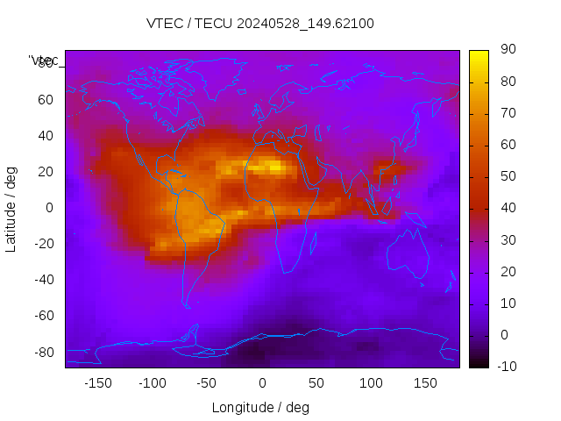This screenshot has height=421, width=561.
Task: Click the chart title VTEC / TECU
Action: click(259, 24)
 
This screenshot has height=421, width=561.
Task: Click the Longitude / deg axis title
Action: click(260, 407)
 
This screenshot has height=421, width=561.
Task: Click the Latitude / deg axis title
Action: click(11, 207)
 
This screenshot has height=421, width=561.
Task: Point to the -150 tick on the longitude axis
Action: click(97, 382)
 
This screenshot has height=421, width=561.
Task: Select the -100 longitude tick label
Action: click(152, 382)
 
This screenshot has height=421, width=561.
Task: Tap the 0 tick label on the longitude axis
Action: click(261, 382)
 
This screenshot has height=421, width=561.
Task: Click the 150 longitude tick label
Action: click(424, 382)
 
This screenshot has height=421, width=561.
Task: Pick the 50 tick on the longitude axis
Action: click(316, 382)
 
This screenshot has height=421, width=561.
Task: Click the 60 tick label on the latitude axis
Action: click(46, 99)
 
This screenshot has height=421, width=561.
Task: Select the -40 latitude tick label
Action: click(43, 280)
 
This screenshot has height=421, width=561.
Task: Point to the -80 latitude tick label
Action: click(43, 352)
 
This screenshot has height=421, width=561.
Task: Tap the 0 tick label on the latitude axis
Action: click(50, 207)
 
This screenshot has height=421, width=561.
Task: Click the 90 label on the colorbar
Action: click(508, 50)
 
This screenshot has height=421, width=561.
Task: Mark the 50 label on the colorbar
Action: click(508, 176)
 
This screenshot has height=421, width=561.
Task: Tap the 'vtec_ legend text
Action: click(44, 61)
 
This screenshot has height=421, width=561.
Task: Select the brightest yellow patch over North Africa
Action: click(275, 165)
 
